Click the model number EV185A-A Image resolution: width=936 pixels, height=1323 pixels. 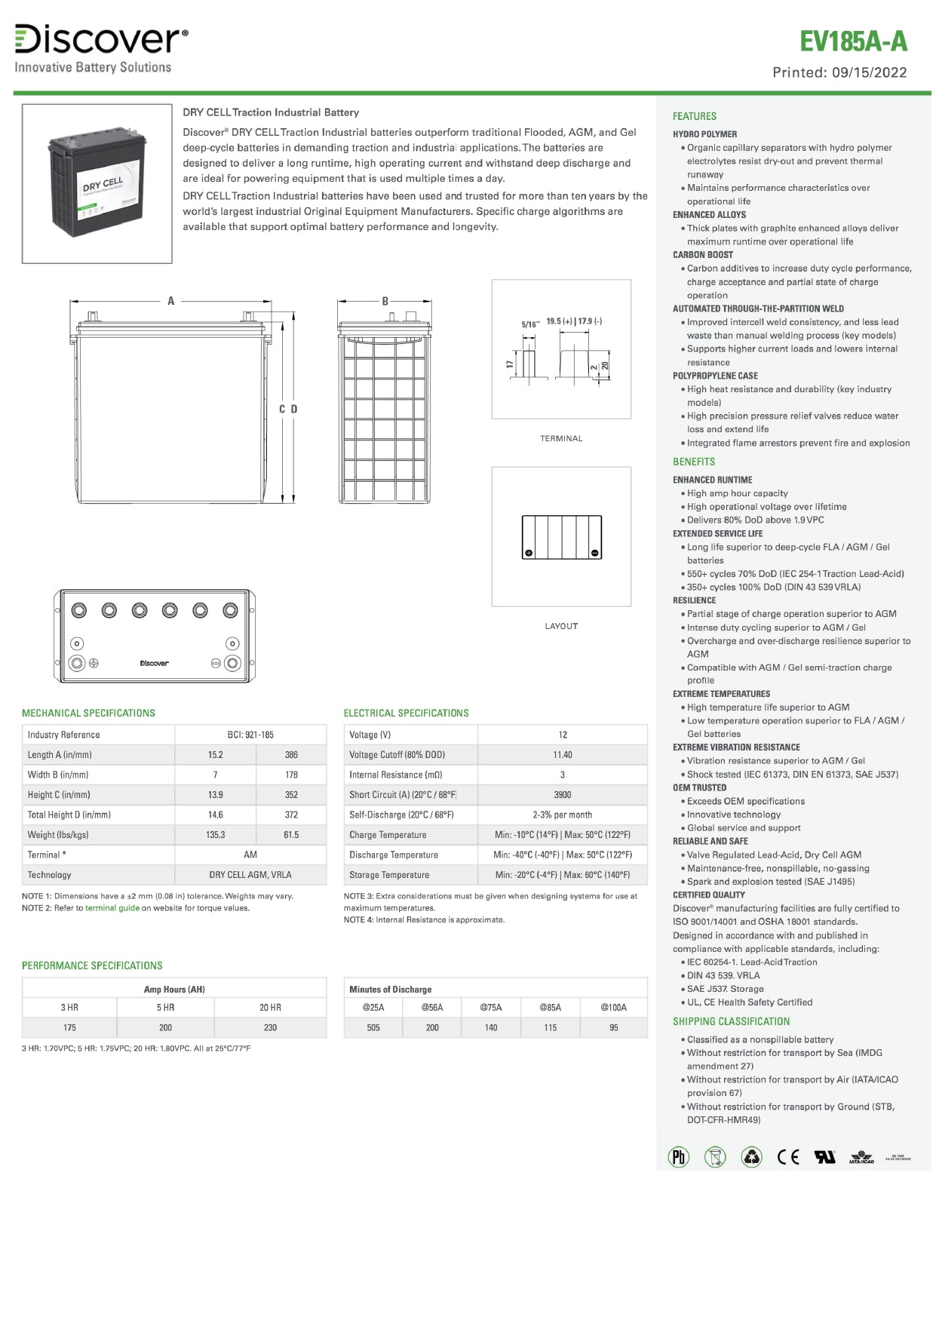point(853,41)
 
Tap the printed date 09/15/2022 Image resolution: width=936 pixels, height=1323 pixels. point(870,72)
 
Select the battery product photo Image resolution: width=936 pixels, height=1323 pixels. point(97,183)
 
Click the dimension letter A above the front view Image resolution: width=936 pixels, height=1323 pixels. point(171,301)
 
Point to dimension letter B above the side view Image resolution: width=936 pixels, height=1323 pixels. point(385,301)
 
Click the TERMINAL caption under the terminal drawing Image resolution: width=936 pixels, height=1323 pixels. point(561,438)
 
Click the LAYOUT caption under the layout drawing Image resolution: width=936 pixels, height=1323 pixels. point(561,626)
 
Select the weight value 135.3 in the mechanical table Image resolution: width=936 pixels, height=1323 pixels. point(216,835)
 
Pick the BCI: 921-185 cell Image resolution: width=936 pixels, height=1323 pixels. point(250,735)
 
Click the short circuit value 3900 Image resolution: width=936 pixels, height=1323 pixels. point(563,795)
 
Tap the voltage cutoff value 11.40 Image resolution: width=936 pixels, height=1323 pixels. point(563,755)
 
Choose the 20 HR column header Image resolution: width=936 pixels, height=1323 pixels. point(270,1008)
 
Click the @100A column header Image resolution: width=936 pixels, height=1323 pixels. point(613,1008)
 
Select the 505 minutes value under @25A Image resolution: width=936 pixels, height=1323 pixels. point(373,1028)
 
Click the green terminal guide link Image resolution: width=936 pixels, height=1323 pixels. point(112,908)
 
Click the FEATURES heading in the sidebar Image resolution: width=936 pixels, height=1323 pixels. point(695,116)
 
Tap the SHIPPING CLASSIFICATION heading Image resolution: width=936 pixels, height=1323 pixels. point(731,1021)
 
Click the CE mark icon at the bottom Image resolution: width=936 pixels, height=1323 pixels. point(788,1157)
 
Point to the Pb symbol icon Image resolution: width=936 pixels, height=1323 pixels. point(679,1157)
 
